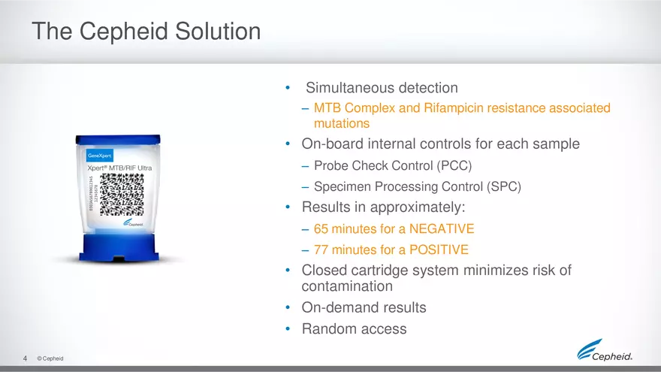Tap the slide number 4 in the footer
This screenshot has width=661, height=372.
(x=25, y=358)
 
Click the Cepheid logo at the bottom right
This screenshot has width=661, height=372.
(x=605, y=350)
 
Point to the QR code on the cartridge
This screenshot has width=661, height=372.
(x=122, y=195)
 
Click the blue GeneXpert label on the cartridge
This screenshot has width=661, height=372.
(x=99, y=156)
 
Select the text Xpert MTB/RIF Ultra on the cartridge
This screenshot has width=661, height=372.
(x=119, y=168)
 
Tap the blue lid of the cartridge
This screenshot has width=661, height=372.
(x=118, y=139)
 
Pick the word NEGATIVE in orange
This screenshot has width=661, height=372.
(x=442, y=228)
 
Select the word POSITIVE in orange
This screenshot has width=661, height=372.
(x=439, y=250)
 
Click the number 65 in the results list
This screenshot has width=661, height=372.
(x=321, y=228)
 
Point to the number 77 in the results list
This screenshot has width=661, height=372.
(x=321, y=250)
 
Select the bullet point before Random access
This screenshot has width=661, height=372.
(x=288, y=328)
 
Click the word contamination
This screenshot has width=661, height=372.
(x=347, y=286)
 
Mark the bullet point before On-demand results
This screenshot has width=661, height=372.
(x=288, y=307)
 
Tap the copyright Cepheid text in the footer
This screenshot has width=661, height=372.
(x=50, y=358)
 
